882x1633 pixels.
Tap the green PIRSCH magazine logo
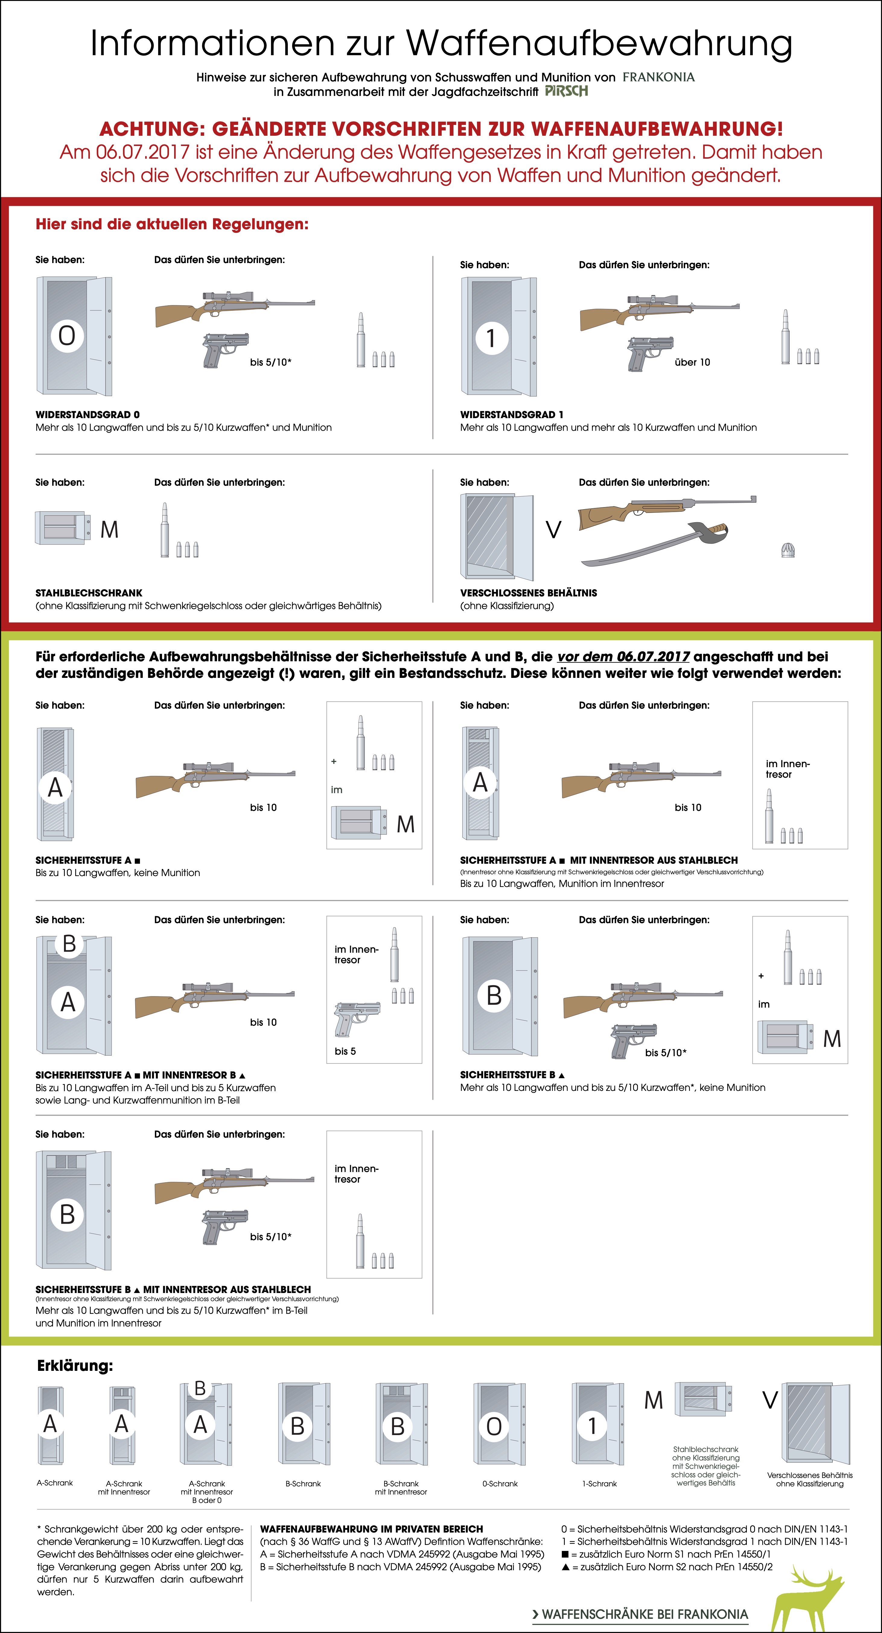click(566, 91)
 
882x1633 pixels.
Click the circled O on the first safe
click(67, 335)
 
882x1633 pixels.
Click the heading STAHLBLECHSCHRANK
click(89, 593)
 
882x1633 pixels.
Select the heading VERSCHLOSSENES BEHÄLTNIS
click(528, 593)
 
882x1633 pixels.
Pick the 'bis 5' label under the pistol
click(345, 1051)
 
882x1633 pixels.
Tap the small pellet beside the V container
click(788, 550)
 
